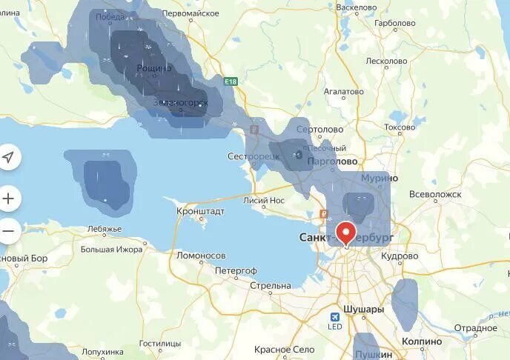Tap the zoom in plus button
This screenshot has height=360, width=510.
click(x=8, y=198)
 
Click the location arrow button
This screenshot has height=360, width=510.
click(x=8, y=157)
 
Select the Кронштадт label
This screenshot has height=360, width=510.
click(x=200, y=211)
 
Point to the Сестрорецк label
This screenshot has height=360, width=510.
click(x=254, y=157)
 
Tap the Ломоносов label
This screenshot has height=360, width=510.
click(x=200, y=256)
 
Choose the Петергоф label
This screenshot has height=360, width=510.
click(x=236, y=270)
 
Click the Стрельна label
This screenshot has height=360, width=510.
click(x=271, y=285)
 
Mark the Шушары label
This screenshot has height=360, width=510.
click(x=363, y=310)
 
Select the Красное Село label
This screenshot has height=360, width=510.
click(x=284, y=349)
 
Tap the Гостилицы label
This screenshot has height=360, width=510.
click(x=159, y=344)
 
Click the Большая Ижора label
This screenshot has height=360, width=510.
click(x=111, y=250)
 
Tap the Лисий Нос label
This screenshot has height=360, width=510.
click(x=264, y=199)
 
